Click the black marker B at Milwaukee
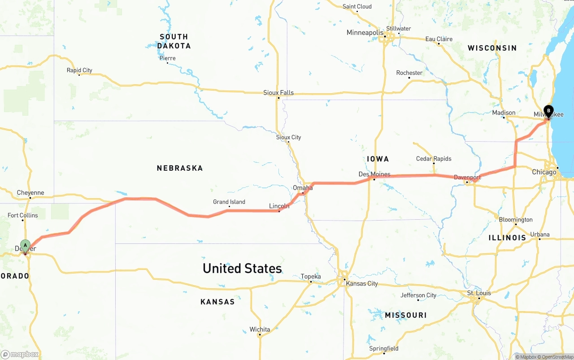548,111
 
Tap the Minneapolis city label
365,33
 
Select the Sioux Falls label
278,93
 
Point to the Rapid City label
79,70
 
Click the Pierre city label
167,58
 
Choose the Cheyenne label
30,193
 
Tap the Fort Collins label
23,215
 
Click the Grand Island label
229,202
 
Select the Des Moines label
374,174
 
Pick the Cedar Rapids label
434,159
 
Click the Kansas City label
361,283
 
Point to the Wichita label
260,330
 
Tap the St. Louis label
479,293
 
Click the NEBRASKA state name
180,168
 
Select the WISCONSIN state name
492,48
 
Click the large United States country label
242,269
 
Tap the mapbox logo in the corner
20,355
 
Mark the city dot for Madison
504,118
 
